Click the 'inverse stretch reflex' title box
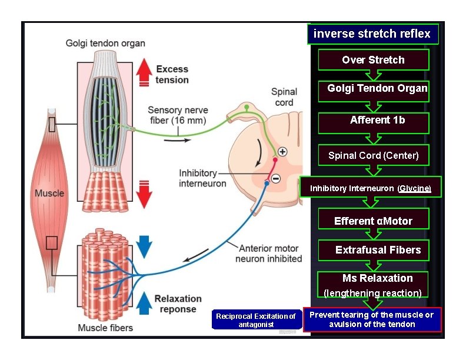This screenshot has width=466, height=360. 372,34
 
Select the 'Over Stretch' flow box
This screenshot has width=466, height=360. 373,60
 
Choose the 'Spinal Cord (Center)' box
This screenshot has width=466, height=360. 373,155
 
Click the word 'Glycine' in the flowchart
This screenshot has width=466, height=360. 414,189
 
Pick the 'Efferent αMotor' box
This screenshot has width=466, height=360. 373,221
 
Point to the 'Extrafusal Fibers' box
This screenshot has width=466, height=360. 373,250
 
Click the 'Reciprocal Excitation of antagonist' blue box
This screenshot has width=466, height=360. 256,320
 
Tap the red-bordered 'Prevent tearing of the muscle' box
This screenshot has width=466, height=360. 371,319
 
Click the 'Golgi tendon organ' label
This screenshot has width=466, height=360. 105,43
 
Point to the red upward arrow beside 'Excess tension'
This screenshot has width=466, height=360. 144,75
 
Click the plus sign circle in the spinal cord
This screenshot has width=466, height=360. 283,152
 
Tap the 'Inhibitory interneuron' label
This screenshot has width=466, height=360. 202,178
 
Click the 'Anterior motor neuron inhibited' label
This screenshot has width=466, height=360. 268,254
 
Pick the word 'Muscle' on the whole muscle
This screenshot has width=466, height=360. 49,193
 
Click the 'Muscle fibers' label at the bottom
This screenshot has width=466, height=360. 105,328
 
